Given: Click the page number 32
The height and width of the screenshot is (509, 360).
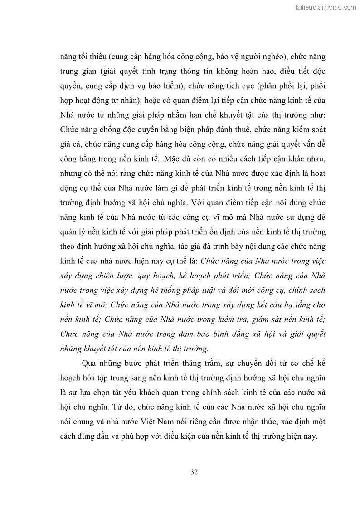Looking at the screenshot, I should [x=194, y=472].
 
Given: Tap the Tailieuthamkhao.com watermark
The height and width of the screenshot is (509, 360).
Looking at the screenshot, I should [x=326, y=7].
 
